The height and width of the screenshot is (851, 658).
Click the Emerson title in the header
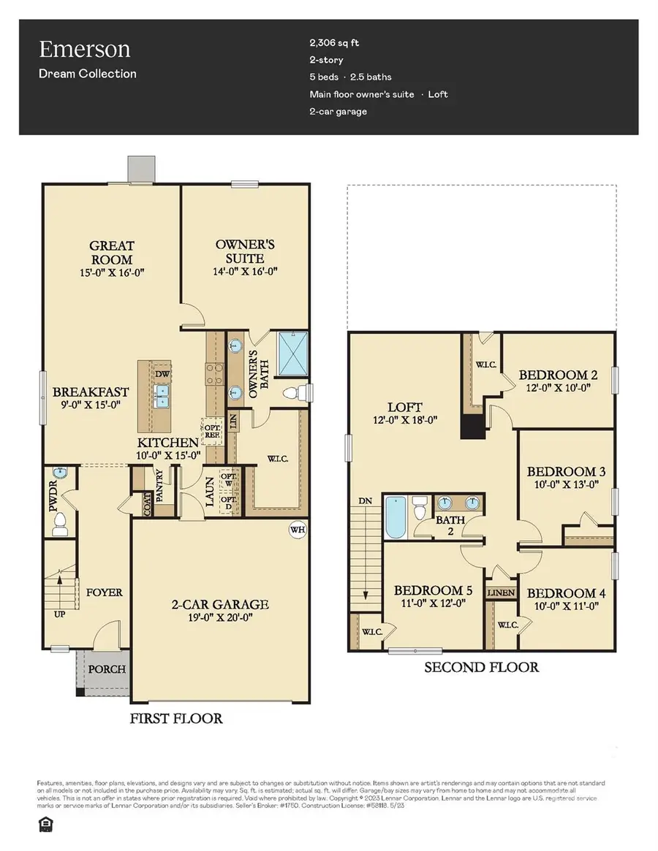(x=85, y=49)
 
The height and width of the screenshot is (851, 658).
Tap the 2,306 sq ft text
(x=334, y=43)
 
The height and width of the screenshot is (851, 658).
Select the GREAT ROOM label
(x=112, y=253)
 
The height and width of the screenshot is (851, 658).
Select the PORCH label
(x=107, y=668)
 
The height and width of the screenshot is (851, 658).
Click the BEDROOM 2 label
(x=559, y=375)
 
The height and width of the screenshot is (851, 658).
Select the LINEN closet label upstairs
(x=501, y=592)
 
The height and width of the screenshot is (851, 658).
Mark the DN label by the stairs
(x=366, y=501)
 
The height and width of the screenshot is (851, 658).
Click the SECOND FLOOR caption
(x=482, y=667)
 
